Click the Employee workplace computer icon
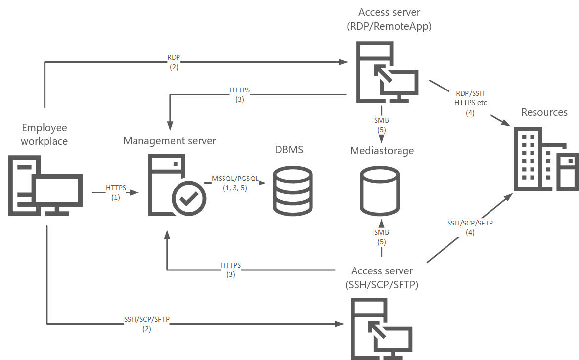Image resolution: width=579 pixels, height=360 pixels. coord(45,185)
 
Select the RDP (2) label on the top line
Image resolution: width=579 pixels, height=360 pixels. coord(174,62)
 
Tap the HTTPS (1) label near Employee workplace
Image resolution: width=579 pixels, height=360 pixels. coord(116,192)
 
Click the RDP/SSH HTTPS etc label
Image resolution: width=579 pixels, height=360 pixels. coord(470,103)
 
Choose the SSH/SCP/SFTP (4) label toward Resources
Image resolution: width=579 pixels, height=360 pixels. coord(470,227)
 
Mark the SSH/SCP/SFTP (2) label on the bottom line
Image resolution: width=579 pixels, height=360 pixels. coord(147,324)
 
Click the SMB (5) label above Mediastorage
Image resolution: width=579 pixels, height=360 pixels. coord(381,124)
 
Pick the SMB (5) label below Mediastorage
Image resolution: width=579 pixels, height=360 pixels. coord(381,237)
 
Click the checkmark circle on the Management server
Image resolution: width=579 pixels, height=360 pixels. coord(188,199)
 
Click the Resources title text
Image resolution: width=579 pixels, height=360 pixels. coord(544,112)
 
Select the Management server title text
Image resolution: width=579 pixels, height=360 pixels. coord(170,141)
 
